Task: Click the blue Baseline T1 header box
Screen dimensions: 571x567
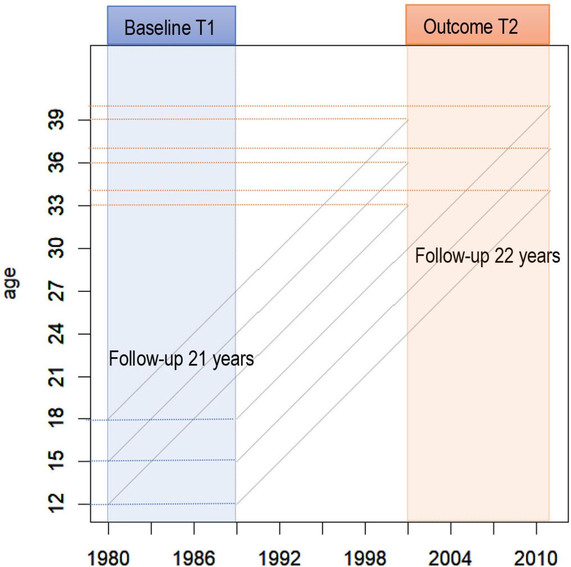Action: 171,25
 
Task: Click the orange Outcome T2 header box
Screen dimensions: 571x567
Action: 477,25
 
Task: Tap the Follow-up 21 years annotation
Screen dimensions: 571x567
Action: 182,359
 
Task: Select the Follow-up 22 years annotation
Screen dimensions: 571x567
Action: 488,256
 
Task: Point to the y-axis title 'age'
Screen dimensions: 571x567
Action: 11,283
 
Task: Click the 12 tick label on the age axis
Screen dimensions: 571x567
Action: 56,504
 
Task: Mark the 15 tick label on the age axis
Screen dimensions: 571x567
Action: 56,461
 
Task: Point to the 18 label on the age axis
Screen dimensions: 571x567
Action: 56,418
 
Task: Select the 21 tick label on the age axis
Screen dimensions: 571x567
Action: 56,377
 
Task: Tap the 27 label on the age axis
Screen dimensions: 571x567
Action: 56,291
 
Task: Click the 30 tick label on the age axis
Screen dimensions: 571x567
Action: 56,248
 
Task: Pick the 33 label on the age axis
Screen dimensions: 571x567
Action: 56,205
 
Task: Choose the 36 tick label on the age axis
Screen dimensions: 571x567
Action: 56,163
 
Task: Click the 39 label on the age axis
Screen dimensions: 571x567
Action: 56,120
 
